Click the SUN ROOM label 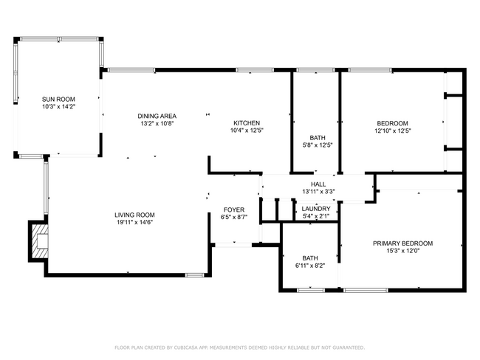point(58,99)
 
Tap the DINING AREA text point(157,116)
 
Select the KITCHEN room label point(247,122)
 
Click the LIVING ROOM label point(135,215)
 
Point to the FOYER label point(234,210)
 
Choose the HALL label point(318,184)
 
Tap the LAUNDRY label point(316,209)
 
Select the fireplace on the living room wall point(38,241)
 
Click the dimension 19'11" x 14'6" point(135,223)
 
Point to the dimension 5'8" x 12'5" point(318,145)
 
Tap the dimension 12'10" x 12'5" point(392,131)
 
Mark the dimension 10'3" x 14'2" point(58,107)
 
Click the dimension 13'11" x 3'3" point(318,192)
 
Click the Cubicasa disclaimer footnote point(239,347)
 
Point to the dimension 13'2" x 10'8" point(157,124)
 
